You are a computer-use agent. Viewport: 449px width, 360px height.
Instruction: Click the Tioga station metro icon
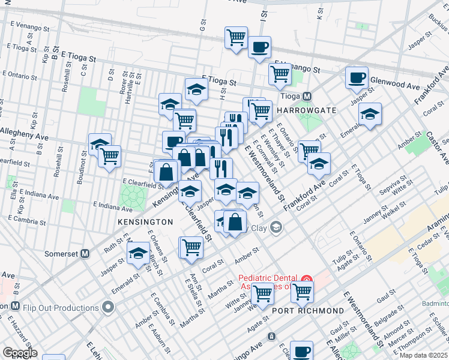[x=307, y=97]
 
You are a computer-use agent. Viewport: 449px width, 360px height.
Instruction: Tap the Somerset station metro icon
[x=85, y=254]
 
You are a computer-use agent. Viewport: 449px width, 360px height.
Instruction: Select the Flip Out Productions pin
[x=108, y=308]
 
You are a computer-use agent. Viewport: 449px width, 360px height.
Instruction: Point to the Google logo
[x=20, y=353]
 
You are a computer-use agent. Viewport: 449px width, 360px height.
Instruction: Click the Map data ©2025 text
[x=423, y=355]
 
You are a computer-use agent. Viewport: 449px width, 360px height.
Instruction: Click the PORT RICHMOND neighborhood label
[x=308, y=311]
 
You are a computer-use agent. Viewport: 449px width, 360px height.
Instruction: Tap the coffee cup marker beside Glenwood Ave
[x=357, y=77]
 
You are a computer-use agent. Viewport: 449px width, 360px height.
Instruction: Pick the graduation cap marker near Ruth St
[x=138, y=253]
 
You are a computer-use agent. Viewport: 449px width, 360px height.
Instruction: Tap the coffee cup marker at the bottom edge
[x=301, y=351]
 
